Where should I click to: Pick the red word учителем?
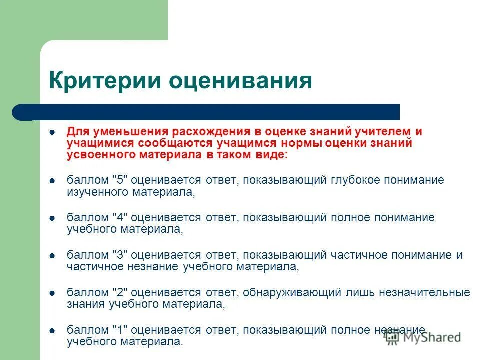[x=385, y=131]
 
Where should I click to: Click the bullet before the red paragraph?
[x=52, y=132]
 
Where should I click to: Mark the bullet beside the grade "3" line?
[x=52, y=255]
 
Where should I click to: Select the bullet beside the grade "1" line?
[x=52, y=330]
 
